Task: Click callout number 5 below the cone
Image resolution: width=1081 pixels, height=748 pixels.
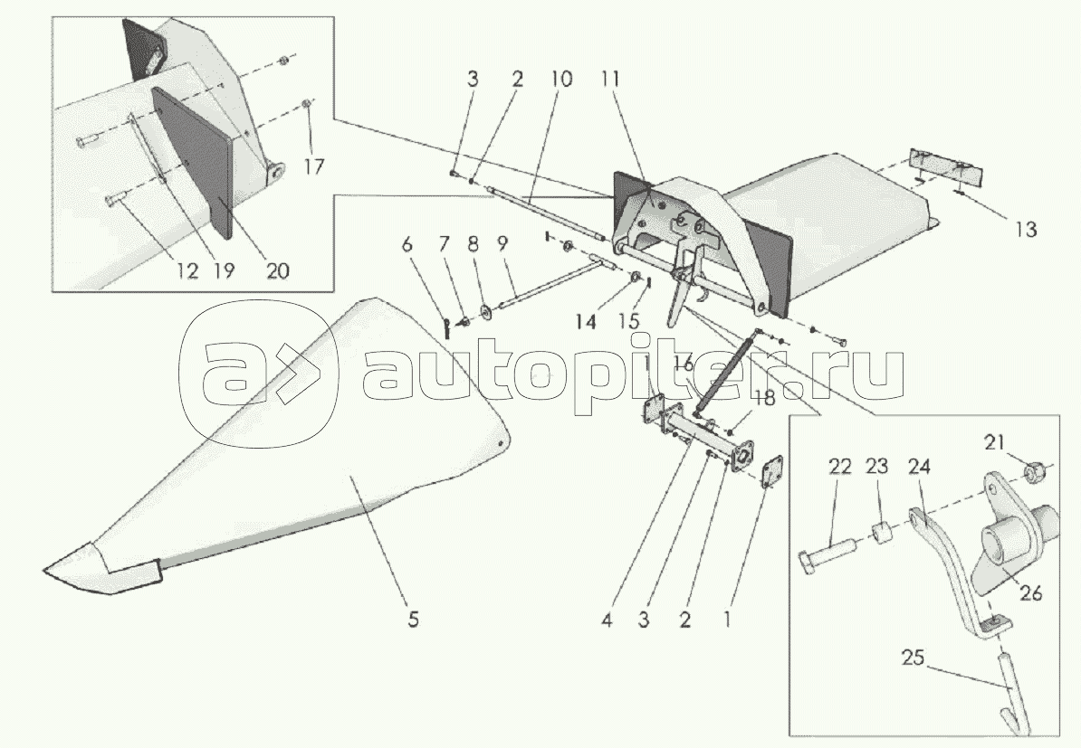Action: [413, 621]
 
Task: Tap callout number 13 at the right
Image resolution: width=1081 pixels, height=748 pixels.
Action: [1025, 230]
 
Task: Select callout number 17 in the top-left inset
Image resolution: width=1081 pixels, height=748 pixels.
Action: [314, 167]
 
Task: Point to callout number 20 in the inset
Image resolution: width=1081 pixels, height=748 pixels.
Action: [278, 270]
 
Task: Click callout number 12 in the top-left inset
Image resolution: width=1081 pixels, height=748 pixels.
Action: [187, 270]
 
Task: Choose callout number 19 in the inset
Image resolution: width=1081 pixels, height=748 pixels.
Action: [224, 270]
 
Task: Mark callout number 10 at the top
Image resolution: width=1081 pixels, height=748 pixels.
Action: [559, 80]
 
